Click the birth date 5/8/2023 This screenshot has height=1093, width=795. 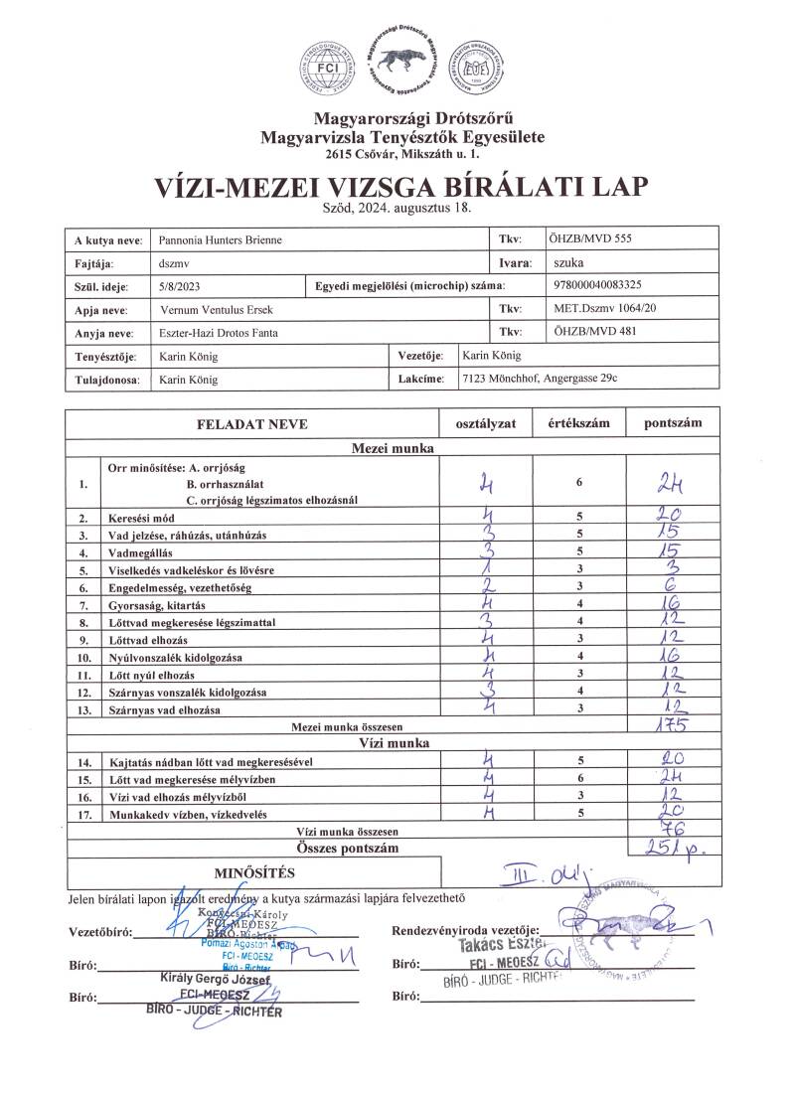(x=179, y=286)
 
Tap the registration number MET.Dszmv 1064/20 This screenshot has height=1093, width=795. (x=602, y=309)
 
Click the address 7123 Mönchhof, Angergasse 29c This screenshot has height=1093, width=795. (x=547, y=379)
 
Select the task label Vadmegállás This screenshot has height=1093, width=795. (x=143, y=552)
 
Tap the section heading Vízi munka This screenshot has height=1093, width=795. (x=394, y=742)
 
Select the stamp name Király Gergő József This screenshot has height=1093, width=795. (x=216, y=979)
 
